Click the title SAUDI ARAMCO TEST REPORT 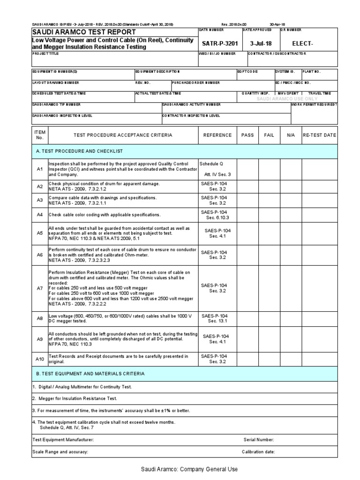pos(83,32)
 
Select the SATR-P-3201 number pos(220,44)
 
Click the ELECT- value pos(302,44)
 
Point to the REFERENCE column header pos(217,135)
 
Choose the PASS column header pos(247,135)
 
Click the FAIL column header pos(269,135)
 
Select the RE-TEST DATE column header pos(319,135)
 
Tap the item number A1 pos(40,169)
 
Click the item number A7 pos(40,288)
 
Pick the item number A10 pos(40,359)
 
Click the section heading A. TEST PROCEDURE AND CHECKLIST pos(79,151)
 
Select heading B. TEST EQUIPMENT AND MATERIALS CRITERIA pos(90,374)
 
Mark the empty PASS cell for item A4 pos(247,215)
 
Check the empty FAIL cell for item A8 pos(269,318)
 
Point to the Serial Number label pos(259,440)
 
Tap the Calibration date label pos(258,452)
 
